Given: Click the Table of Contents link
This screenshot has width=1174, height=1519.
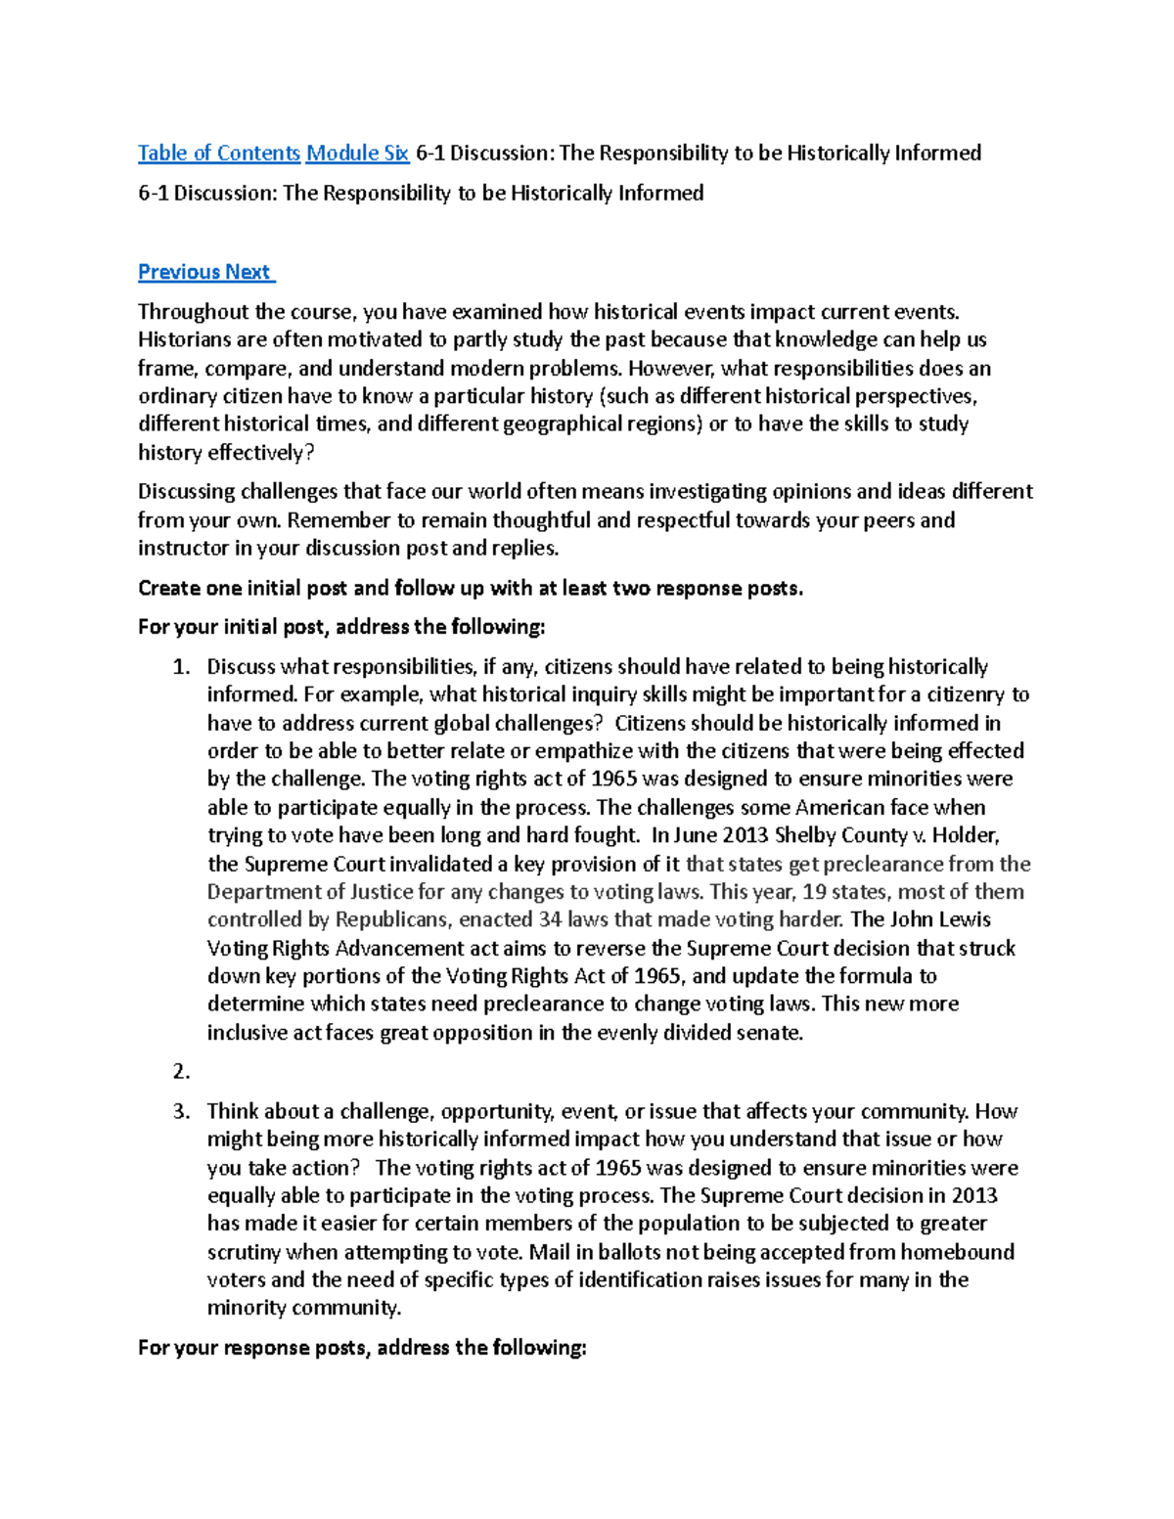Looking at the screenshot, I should click(x=218, y=153).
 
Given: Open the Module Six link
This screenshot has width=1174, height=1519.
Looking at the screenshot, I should click(x=357, y=153).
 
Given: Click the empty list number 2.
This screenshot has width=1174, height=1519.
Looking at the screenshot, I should click(x=180, y=1072).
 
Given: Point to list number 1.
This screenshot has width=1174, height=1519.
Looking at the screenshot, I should click(x=180, y=667).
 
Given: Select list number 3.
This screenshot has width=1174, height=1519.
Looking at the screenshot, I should click(x=180, y=1111).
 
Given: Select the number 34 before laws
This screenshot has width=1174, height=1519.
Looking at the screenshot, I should click(x=549, y=919).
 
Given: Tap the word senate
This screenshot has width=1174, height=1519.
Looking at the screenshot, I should click(x=770, y=1033).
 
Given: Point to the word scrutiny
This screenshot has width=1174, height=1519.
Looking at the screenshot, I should click(x=244, y=1252).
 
